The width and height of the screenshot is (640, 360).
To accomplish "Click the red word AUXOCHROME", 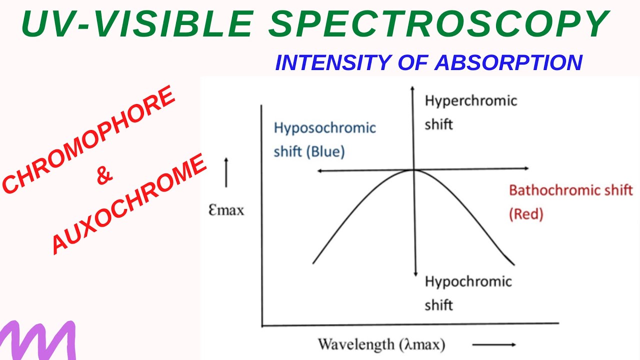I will (129, 203).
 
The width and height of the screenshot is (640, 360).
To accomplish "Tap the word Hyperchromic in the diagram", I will (470, 101).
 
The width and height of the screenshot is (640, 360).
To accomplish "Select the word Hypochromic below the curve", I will (468, 281).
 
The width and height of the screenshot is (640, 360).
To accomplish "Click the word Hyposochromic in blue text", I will (324, 128).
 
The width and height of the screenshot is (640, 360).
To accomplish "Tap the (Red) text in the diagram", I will (526, 214).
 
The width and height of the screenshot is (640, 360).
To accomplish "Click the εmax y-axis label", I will (226, 209).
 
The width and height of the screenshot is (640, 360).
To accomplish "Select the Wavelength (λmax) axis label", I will (381, 344).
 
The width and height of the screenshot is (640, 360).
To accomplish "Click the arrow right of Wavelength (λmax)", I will (493, 344).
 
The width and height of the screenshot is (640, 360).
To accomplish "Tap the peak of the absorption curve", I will (413, 170).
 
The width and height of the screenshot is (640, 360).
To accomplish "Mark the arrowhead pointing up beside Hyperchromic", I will (412, 88).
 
